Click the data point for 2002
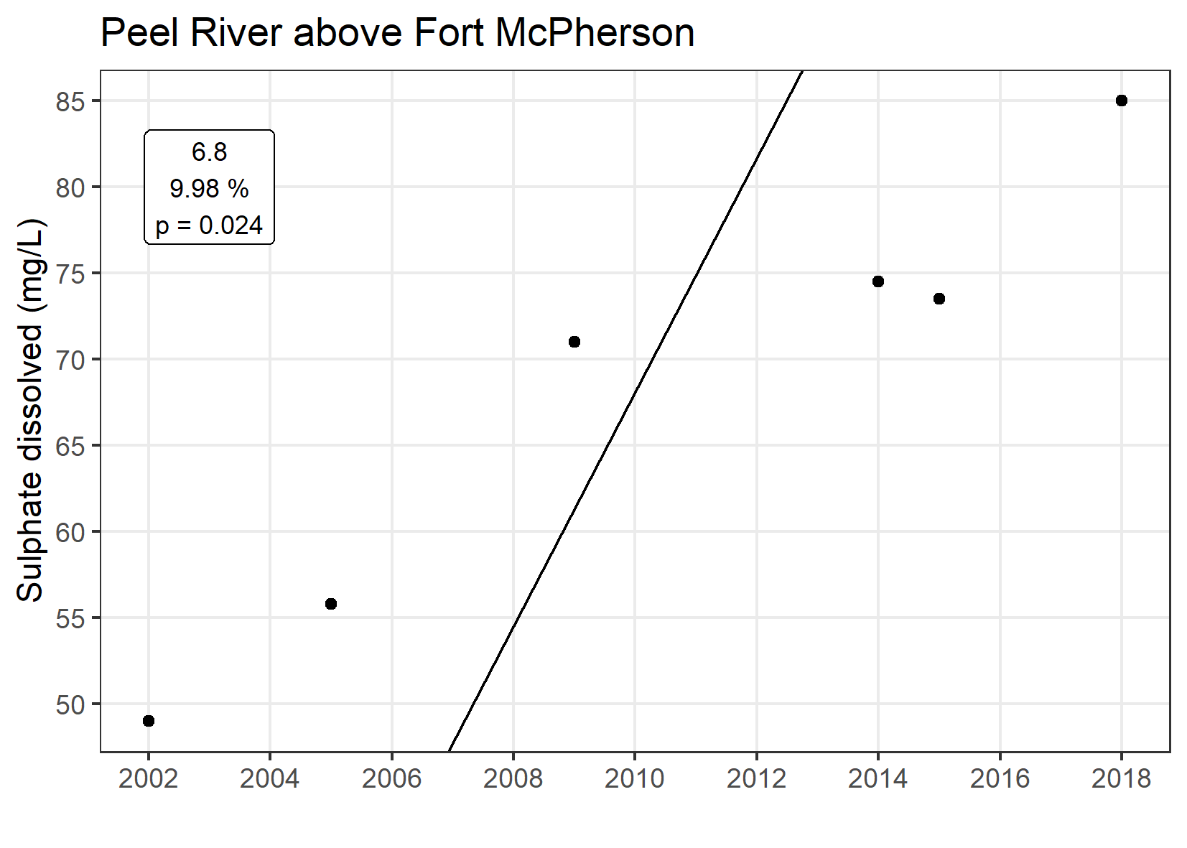tap(149, 721)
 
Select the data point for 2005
tap(331, 604)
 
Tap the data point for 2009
tap(574, 342)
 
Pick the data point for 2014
tap(878, 281)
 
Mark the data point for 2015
tap(939, 299)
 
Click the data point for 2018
tap(1122, 101)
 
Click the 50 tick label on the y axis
tap(70, 705)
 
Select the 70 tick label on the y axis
tap(70, 360)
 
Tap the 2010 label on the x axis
tap(635, 779)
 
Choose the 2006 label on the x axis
tap(391, 779)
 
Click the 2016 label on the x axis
tap(1000, 779)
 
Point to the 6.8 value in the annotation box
tap(210, 152)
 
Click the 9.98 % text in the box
tap(210, 189)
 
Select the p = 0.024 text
tap(210, 226)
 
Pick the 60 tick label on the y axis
tap(70, 533)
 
